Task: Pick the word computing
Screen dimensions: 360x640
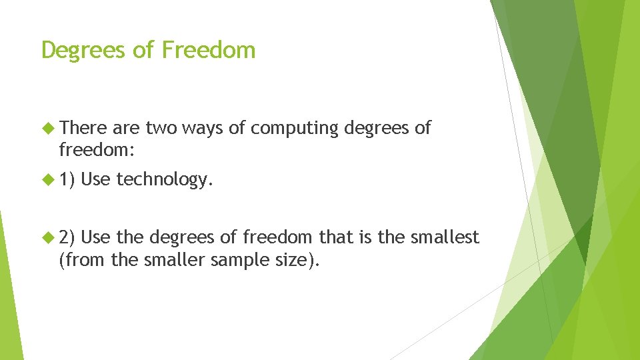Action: [x=295, y=128]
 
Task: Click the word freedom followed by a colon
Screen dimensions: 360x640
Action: [x=97, y=151]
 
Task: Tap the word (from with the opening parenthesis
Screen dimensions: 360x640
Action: [x=83, y=259]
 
